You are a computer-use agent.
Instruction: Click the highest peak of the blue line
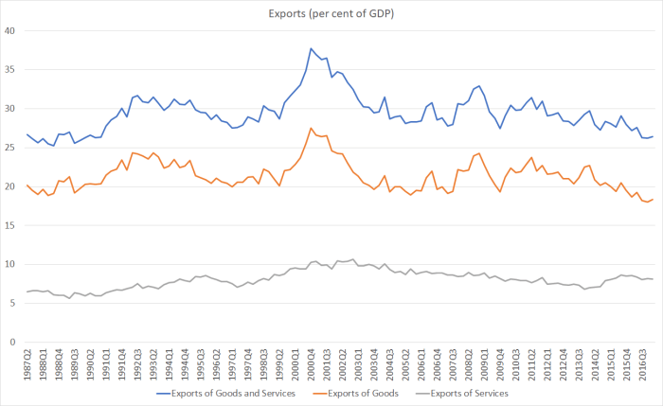(311, 48)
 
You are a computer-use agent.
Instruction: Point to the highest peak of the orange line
(311, 128)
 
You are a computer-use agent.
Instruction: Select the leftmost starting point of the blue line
(27, 134)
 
